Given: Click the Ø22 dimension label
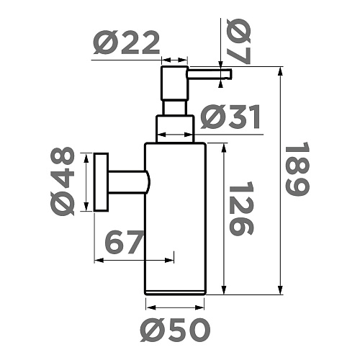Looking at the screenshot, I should [x=126, y=45].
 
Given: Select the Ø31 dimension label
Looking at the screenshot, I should [x=230, y=117].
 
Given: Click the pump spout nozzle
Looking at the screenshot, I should [x=210, y=72].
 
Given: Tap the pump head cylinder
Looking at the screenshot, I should [x=174, y=83].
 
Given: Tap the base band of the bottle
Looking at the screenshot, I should [x=176, y=291].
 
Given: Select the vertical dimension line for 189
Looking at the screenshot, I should [x=279, y=180].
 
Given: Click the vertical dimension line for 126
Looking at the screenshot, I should [x=225, y=216].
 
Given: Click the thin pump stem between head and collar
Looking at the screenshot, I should [x=174, y=107].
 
